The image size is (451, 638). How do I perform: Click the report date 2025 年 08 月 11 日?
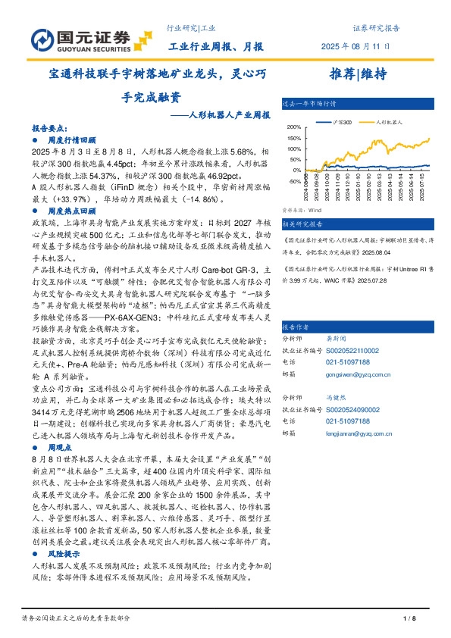[356, 46]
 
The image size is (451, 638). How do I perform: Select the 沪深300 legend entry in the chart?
[340, 121]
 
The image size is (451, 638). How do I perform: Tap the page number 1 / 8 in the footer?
[409, 619]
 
